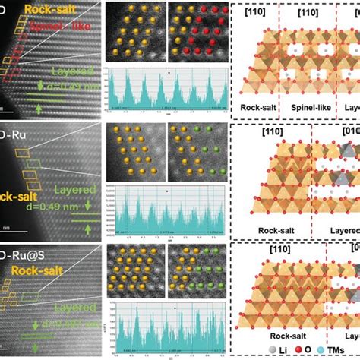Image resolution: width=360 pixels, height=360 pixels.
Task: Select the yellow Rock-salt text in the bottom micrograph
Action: pyautogui.click(x=46, y=270)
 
